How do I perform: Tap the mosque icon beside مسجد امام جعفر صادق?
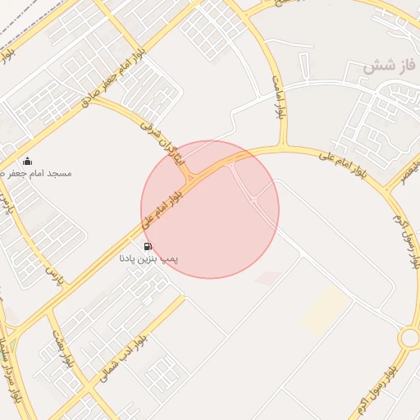click(x=28, y=162)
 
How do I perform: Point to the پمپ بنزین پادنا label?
click(x=149, y=258)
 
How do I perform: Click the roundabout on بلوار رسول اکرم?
click(x=409, y=338)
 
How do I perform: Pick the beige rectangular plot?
click(x=326, y=310)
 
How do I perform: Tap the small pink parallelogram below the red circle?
click(x=268, y=278)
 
